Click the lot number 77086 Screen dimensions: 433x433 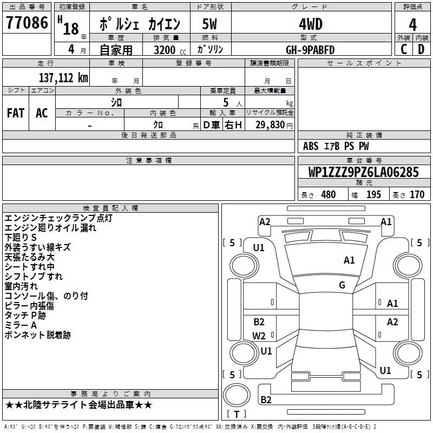pos(27,23)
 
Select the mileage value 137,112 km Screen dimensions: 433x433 pos(63,77)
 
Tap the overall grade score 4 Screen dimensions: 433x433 pos(412,25)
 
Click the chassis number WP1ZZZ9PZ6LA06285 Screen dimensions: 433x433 pos(363,172)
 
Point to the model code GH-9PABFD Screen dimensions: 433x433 pos(310,50)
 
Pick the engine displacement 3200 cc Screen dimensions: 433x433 pos(170,50)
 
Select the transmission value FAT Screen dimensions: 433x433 pos(16,113)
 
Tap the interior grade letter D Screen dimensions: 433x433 pos(421,49)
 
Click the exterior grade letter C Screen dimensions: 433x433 pos(404,49)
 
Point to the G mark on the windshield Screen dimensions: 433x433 pos(342,285)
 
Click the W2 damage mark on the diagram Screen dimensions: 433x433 pos(259,336)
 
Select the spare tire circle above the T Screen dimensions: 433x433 pos(237,395)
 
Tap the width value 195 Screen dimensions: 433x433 pos(373,195)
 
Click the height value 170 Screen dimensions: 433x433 pos(417,195)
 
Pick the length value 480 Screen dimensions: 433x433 pos(329,195)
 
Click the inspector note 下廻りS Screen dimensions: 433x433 pos(21,238)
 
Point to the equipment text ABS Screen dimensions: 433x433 pos(311,146)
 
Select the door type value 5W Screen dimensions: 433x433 pos(209,24)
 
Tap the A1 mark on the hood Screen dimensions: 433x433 pos(349,260)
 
